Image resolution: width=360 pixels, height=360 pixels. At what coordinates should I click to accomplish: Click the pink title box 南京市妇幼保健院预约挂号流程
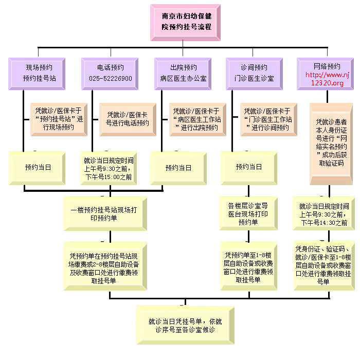pyautogui.click(x=185, y=23)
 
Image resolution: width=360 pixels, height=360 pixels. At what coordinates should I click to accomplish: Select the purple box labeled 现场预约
pyautogui.click(x=37, y=74)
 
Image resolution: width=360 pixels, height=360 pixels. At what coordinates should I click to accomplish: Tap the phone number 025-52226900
pyautogui.click(x=111, y=79)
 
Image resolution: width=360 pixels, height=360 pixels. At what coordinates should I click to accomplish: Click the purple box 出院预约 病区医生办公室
pyautogui.click(x=183, y=74)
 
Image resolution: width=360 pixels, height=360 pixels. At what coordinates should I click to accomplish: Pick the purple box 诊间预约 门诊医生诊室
pyautogui.click(x=254, y=74)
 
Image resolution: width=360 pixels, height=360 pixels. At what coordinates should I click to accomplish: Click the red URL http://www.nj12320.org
pyautogui.click(x=327, y=79)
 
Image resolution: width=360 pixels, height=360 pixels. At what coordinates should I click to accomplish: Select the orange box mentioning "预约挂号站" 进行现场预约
pyautogui.click(x=59, y=119)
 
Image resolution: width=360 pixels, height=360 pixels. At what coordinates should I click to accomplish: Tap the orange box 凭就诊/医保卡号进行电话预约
pyautogui.click(x=128, y=119)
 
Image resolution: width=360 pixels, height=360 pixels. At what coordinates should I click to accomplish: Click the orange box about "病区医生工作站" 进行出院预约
pyautogui.click(x=197, y=119)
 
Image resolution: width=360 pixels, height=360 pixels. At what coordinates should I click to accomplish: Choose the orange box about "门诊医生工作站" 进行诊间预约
pyautogui.click(x=268, y=119)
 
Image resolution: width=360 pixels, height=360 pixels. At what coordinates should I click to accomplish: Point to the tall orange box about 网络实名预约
pyautogui.click(x=331, y=143)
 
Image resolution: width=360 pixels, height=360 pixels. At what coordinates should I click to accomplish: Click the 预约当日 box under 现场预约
pyautogui.click(x=37, y=168)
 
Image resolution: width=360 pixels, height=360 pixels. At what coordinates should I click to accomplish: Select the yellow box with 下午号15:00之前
pyautogui.click(x=109, y=168)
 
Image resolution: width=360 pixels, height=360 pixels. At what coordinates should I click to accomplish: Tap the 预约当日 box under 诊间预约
pyautogui.click(x=248, y=168)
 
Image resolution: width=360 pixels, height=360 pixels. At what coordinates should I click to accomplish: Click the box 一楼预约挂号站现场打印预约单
pyautogui.click(x=105, y=213)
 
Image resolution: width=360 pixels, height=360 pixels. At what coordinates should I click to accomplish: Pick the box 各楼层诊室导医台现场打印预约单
pyautogui.click(x=248, y=213)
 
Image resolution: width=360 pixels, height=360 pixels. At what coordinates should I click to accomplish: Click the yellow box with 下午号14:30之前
pyautogui.click(x=323, y=213)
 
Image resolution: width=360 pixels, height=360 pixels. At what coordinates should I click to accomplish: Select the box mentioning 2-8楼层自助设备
pyautogui.click(x=105, y=266)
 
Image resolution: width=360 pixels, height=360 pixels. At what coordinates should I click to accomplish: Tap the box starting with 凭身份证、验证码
pyautogui.click(x=324, y=265)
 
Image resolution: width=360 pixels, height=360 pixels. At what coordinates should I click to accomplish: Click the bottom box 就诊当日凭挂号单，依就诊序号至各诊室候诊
pyautogui.click(x=185, y=325)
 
